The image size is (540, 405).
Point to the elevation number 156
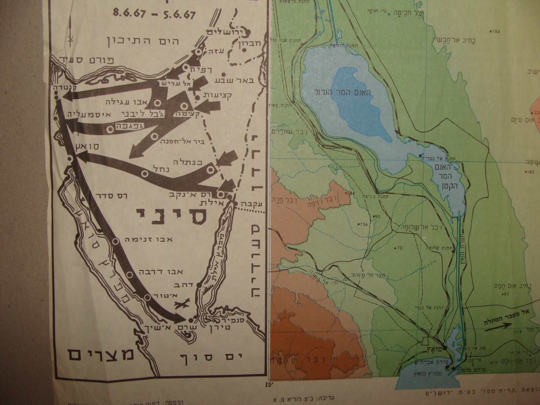tap(363, 224)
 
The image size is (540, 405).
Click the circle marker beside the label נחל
tap(144, 174)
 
